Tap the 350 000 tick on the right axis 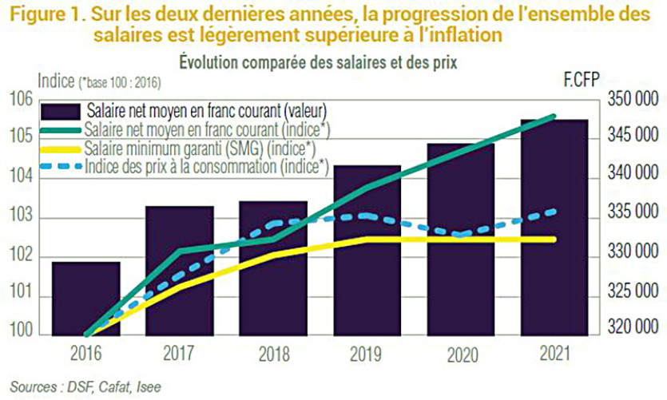[631, 100]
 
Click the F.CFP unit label [581, 80]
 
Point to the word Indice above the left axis [56, 80]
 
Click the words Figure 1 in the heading [45, 14]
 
